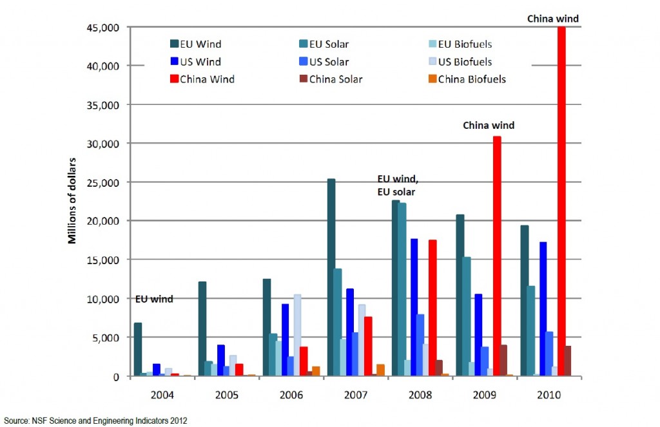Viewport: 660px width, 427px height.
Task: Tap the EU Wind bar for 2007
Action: [331, 277]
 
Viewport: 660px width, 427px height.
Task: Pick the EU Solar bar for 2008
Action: [402, 289]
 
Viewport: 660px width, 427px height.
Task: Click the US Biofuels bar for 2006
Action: [297, 335]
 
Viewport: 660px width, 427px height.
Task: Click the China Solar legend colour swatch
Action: [303, 79]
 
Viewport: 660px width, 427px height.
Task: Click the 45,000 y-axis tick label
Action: [106, 27]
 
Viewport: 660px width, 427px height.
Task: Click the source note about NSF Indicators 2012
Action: [95, 421]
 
